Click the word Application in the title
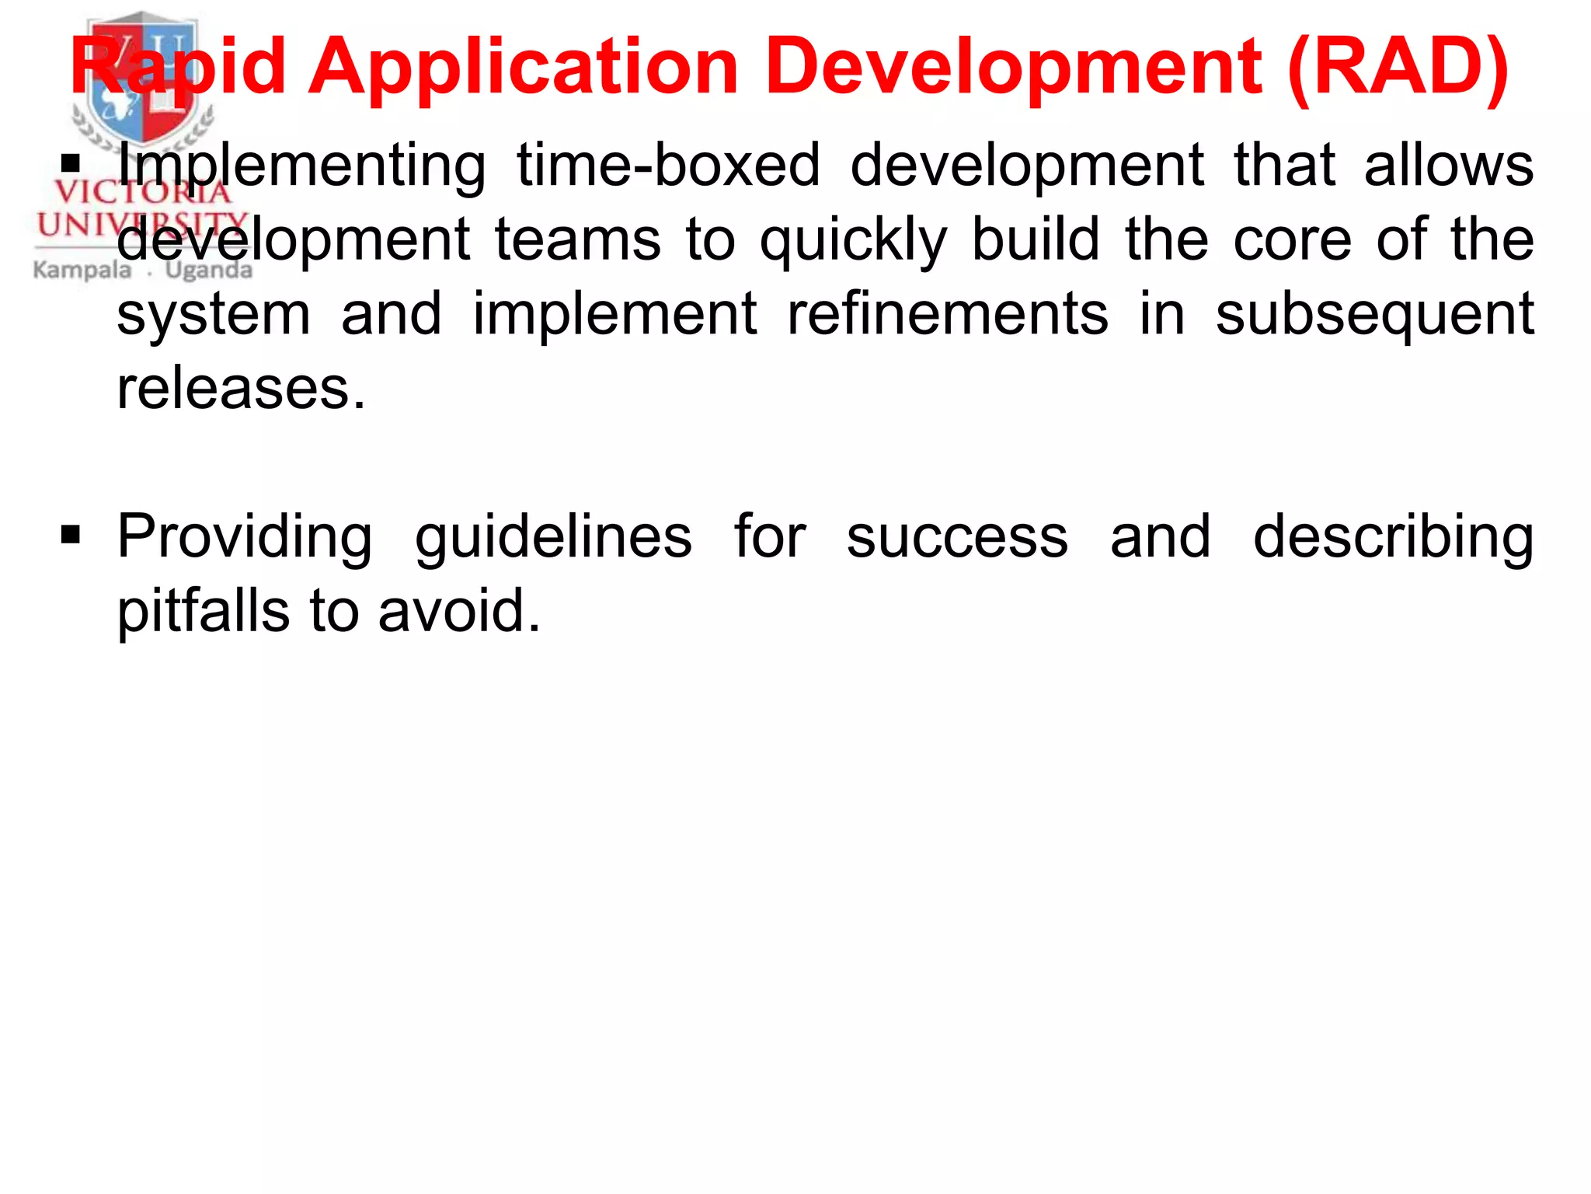click(x=523, y=68)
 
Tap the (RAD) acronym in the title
click(x=1398, y=68)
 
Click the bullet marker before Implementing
click(x=71, y=163)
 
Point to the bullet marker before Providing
click(x=71, y=535)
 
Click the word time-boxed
click(x=668, y=165)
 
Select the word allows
click(x=1449, y=165)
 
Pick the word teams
click(x=578, y=239)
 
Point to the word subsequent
click(x=1374, y=315)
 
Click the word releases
click(x=240, y=388)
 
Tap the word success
click(x=957, y=536)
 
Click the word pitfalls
click(x=204, y=612)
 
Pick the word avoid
click(x=458, y=610)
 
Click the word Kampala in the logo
click(x=82, y=271)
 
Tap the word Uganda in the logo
click(x=209, y=271)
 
